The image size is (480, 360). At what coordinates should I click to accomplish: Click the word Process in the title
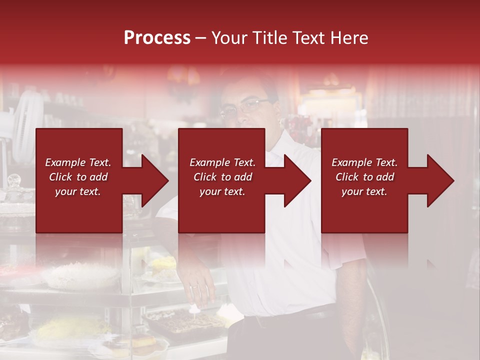tap(157, 38)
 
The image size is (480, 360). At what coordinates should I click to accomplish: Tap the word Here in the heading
tap(348, 38)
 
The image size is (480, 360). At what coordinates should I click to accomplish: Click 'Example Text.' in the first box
tap(78, 162)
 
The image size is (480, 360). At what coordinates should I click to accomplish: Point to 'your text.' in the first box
tap(78, 191)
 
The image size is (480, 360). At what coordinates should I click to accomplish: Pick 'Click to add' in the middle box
tap(222, 177)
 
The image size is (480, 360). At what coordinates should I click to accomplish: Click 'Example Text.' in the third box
tap(364, 162)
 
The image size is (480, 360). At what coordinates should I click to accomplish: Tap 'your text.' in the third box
tap(364, 191)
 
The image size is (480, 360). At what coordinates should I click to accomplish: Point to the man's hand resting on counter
tap(200, 290)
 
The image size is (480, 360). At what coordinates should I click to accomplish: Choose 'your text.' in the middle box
tap(222, 191)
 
